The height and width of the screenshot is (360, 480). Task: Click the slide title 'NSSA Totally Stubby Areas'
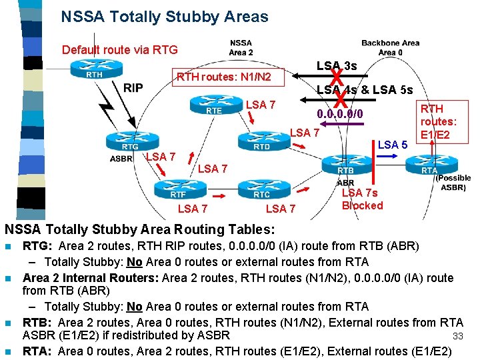[x=164, y=17]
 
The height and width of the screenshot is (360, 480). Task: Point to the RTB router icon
[x=345, y=164]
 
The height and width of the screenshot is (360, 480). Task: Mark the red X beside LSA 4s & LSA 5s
[x=340, y=99]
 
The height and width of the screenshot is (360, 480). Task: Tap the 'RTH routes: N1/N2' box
[x=223, y=78]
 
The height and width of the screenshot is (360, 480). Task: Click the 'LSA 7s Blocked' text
[x=362, y=199]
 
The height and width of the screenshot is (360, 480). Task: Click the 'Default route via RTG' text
[x=119, y=50]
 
